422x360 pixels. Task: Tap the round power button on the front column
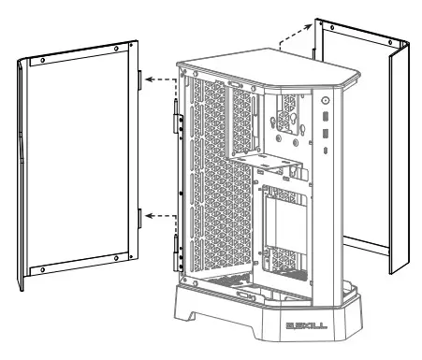324,100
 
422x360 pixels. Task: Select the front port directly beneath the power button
324,119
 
